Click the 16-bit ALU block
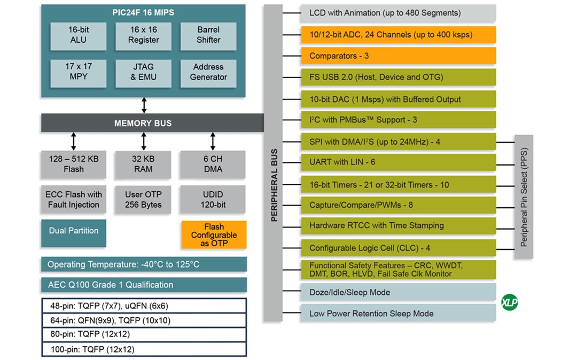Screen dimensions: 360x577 [x=78, y=35]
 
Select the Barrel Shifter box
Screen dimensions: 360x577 [x=208, y=35]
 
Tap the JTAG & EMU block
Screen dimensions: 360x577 [x=143, y=72]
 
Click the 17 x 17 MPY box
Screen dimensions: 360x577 [x=78, y=72]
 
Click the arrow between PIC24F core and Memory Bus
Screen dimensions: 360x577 [x=144, y=105]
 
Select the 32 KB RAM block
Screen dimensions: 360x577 [x=143, y=164]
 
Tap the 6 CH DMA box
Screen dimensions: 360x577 [x=213, y=164]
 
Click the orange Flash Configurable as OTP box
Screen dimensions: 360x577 [x=214, y=235]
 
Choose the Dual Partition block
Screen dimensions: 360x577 [x=74, y=231]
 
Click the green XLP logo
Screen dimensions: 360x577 [x=509, y=303]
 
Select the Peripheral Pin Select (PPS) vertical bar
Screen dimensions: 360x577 [x=524, y=197]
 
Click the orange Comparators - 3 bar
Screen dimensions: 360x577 [x=398, y=56]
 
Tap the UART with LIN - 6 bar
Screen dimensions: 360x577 [x=398, y=162]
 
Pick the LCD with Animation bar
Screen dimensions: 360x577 [x=398, y=13]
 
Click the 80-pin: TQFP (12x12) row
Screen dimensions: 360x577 [x=144, y=334]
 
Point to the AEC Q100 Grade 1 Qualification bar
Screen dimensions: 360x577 [x=144, y=285]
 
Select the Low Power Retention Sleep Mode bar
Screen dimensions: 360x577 [x=398, y=314]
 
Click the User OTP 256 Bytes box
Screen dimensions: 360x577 [x=143, y=200]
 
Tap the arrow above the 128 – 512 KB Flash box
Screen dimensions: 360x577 [x=74, y=141]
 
